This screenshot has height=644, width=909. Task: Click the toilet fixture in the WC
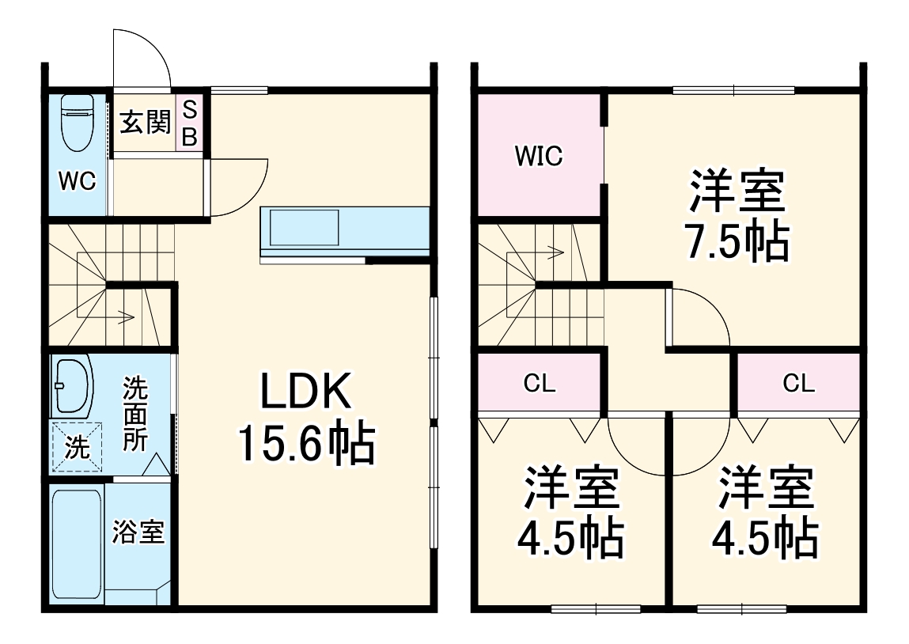click(x=78, y=123)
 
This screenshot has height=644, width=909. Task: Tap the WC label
click(x=78, y=181)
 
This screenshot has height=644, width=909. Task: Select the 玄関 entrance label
click(x=145, y=123)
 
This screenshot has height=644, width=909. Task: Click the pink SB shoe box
click(x=190, y=123)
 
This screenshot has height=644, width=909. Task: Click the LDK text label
click(x=305, y=392)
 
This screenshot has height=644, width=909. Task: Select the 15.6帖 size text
click(x=305, y=444)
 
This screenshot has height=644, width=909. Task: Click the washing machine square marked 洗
click(x=77, y=448)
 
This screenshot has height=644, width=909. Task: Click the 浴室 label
click(x=138, y=532)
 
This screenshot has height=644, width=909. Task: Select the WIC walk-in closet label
click(x=539, y=157)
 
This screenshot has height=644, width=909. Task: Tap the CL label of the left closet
click(x=540, y=385)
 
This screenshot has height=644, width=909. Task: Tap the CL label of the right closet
click(x=799, y=385)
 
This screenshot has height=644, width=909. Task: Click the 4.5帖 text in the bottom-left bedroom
click(x=570, y=539)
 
